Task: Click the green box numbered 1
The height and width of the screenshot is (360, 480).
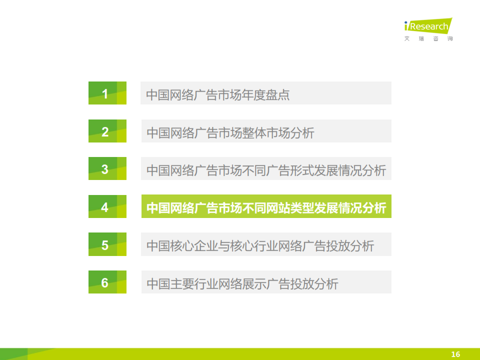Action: click(x=107, y=93)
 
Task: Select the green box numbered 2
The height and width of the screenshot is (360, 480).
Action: click(x=107, y=131)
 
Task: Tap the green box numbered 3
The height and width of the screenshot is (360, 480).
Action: click(x=107, y=168)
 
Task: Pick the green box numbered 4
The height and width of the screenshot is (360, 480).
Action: click(x=107, y=206)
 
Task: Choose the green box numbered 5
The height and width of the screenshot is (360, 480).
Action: click(x=107, y=244)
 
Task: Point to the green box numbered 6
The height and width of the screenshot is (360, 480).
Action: click(x=107, y=282)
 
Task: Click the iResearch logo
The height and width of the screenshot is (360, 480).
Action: click(x=428, y=29)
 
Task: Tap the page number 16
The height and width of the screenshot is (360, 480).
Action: click(x=455, y=354)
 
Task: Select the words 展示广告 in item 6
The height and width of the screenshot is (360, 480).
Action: click(x=266, y=284)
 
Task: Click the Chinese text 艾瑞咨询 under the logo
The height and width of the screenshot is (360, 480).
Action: click(x=428, y=38)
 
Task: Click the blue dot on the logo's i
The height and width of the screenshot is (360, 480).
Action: click(x=406, y=22)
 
